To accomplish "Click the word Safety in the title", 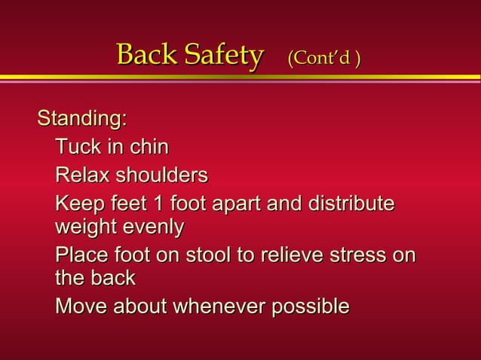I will pos(224,55).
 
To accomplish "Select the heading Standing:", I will pos(82,119).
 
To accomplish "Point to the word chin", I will pos(149,147).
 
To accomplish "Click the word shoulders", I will pos(163,175).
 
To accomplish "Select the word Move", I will pos(81,307).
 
